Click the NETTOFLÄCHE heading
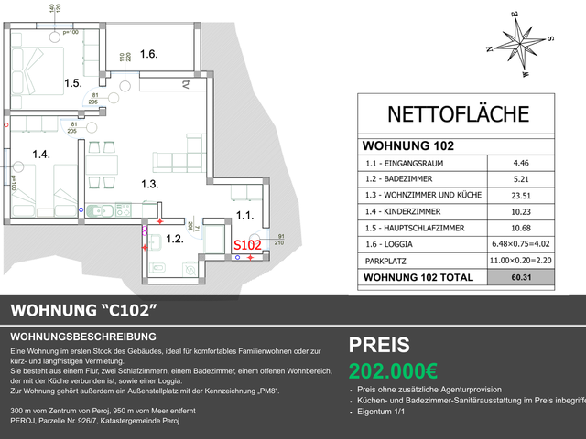(x=459, y=114)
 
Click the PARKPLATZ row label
(x=386, y=261)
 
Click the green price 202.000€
(x=393, y=372)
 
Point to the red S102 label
(x=248, y=245)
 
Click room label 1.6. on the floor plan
(x=149, y=54)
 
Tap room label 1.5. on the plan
(x=74, y=83)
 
